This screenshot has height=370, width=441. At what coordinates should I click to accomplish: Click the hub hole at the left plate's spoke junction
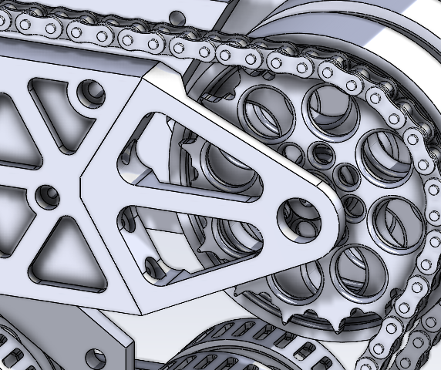[45, 197]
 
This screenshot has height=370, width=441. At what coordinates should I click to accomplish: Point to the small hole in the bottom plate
[96, 357]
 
